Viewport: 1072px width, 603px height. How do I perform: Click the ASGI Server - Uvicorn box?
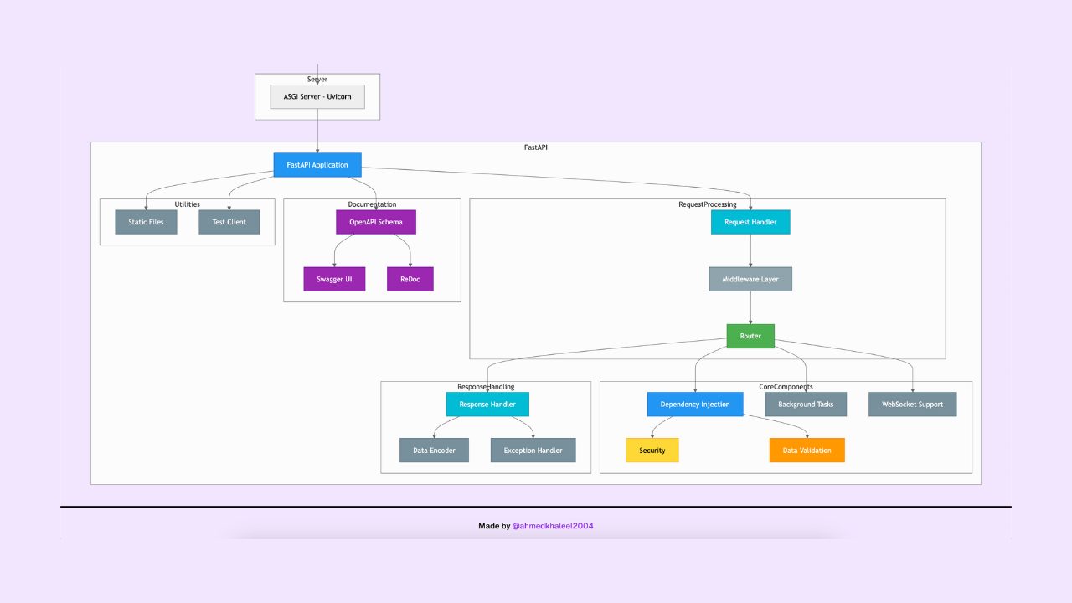tap(317, 96)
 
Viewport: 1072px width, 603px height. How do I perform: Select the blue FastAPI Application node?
tap(317, 165)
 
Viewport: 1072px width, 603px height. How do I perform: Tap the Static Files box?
tap(146, 222)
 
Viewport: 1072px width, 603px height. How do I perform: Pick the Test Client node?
tap(229, 222)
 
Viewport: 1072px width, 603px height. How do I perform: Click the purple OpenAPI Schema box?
tap(376, 222)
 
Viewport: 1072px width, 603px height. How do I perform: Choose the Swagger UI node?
tap(334, 279)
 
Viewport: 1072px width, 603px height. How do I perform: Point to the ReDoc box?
tap(410, 279)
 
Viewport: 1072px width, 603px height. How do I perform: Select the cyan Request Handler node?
tap(750, 222)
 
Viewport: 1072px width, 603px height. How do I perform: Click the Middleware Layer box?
tap(750, 279)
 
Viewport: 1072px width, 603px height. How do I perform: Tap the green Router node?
tap(750, 336)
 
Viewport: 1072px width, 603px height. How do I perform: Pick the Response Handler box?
tap(487, 405)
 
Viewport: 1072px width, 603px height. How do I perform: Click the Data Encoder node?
tap(434, 451)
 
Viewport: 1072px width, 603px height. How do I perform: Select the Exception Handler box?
tap(533, 451)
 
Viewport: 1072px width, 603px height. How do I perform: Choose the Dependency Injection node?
tap(695, 405)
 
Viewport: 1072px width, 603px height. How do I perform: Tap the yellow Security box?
tap(652, 451)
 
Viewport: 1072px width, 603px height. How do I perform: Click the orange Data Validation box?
tap(807, 451)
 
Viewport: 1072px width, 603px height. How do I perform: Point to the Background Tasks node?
tap(806, 405)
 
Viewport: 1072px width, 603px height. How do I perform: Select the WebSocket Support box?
tap(912, 405)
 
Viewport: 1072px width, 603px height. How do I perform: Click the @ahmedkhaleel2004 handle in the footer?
tap(553, 526)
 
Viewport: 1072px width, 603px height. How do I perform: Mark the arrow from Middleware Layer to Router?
tap(750, 307)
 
